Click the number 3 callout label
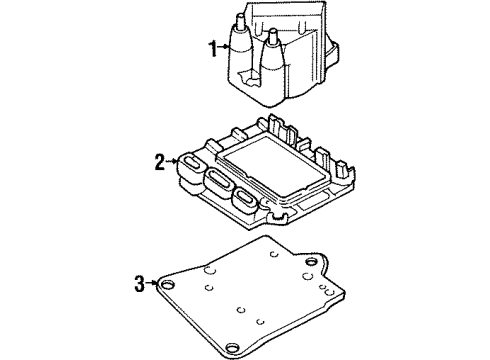[x=140, y=284]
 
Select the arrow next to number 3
[x=153, y=284]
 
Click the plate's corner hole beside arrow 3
[x=170, y=285]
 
